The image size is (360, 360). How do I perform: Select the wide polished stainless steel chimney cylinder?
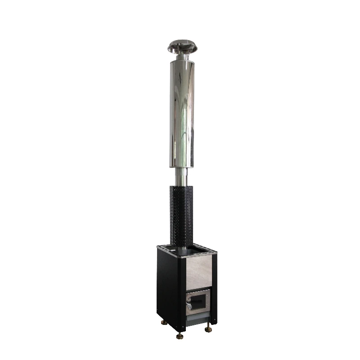pyautogui.click(x=182, y=112)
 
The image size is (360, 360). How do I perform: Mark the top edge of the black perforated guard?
pyautogui.click(x=181, y=185)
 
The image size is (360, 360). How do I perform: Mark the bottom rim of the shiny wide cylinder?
pyautogui.click(x=182, y=166)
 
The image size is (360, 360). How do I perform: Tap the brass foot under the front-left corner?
pyautogui.click(x=180, y=335)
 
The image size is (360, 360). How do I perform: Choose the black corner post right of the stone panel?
pyautogui.click(x=214, y=283)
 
